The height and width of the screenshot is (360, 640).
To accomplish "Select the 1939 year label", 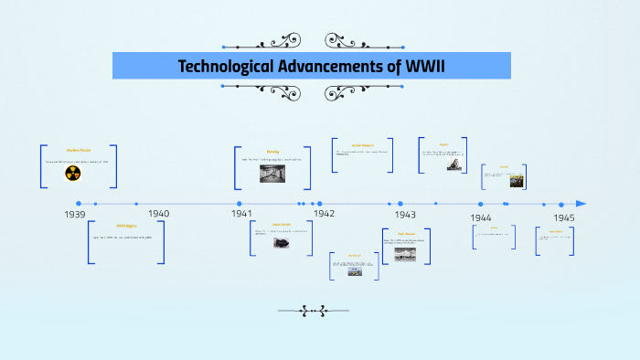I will [75, 214].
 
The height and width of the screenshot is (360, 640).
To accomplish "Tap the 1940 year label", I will [158, 214].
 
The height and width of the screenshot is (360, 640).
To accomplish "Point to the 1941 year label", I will [241, 214].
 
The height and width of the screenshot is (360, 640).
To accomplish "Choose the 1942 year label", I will [325, 214].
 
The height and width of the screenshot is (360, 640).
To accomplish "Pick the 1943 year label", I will [405, 214].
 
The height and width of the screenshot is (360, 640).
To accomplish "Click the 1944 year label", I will [482, 217].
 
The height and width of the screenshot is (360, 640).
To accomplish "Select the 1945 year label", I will [563, 217].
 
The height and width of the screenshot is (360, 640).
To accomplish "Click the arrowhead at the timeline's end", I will [581, 204].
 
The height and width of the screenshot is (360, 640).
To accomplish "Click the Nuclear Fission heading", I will [79, 150].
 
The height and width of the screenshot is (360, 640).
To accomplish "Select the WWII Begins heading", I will [126, 225].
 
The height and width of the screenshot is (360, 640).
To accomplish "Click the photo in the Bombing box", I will [272, 174].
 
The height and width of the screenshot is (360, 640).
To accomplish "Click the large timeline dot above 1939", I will [79, 204].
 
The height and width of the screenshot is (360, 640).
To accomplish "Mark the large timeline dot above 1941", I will [240, 204].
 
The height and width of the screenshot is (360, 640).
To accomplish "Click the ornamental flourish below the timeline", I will [320, 311].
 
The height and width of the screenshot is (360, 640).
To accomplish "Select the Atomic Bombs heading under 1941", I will [282, 224].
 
